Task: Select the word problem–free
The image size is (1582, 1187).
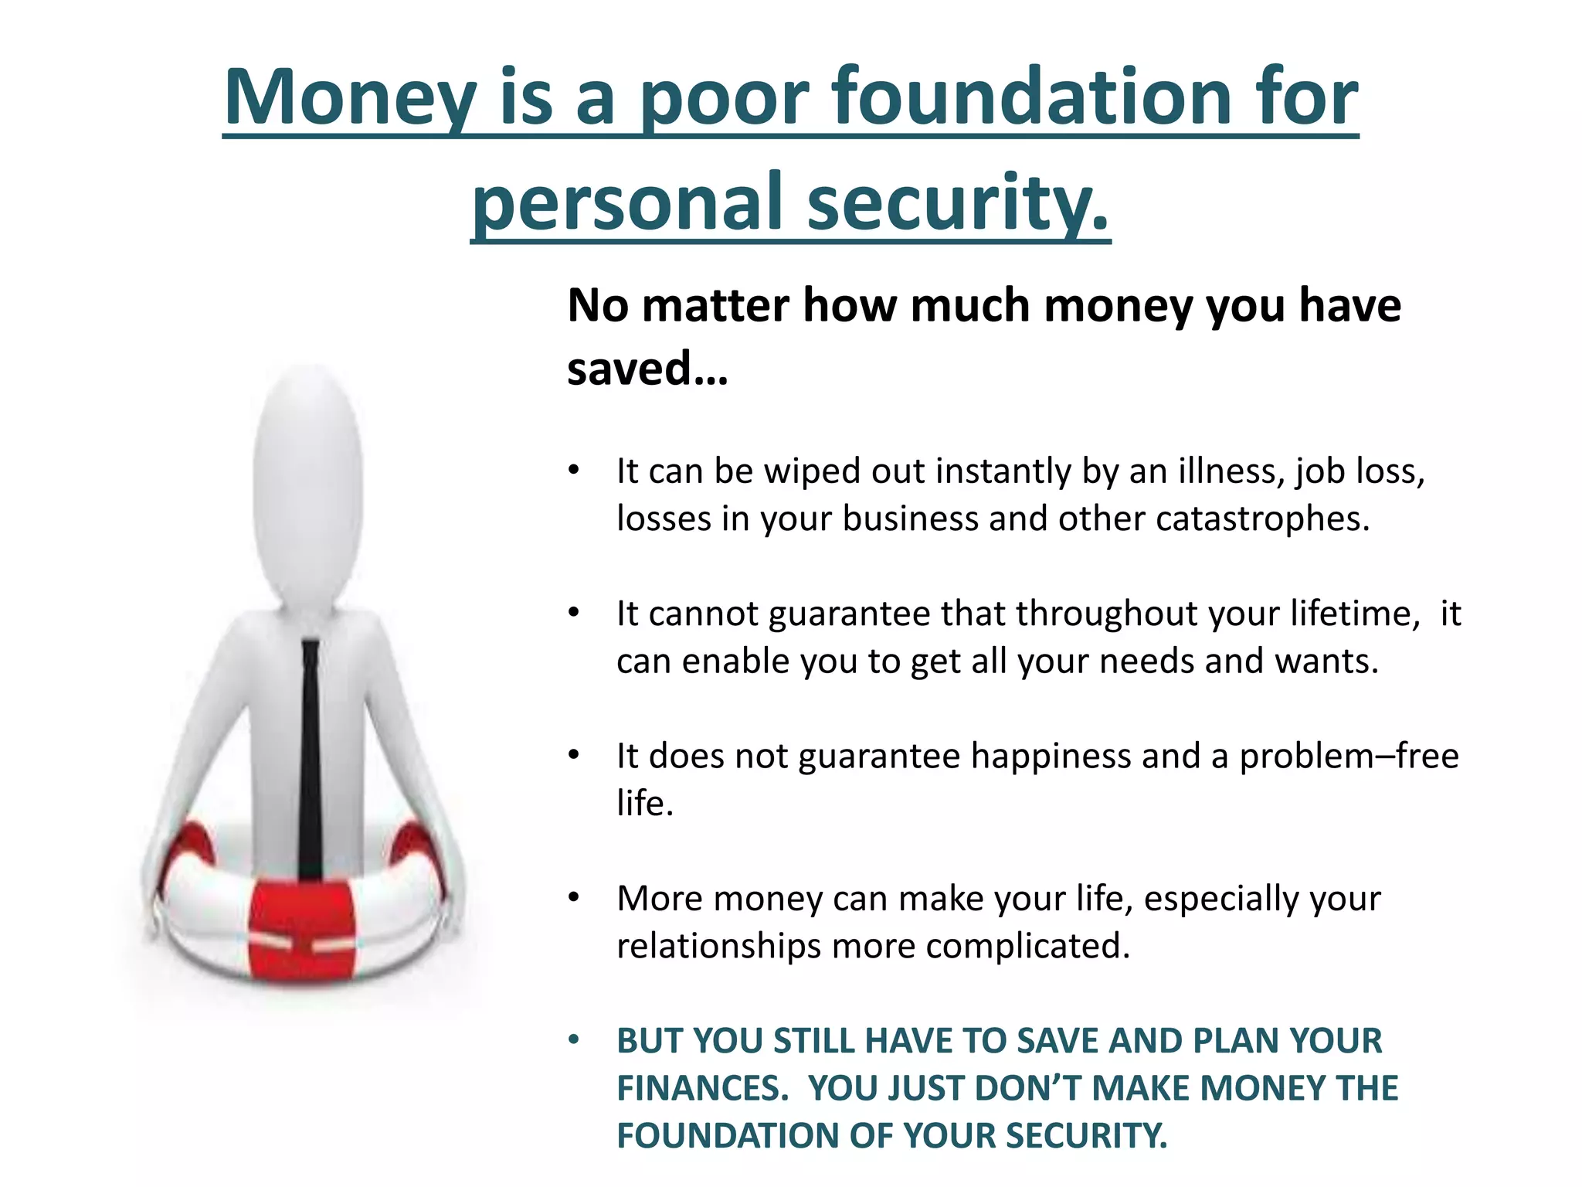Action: click(x=1349, y=756)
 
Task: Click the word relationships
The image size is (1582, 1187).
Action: click(x=718, y=946)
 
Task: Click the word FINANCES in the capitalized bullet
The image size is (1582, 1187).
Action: click(x=702, y=1088)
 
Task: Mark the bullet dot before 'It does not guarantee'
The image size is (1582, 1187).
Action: click(x=573, y=755)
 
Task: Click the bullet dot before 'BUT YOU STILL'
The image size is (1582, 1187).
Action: click(x=573, y=1040)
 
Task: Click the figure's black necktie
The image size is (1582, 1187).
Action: click(x=311, y=757)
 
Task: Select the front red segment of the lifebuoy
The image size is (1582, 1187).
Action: click(x=303, y=931)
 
